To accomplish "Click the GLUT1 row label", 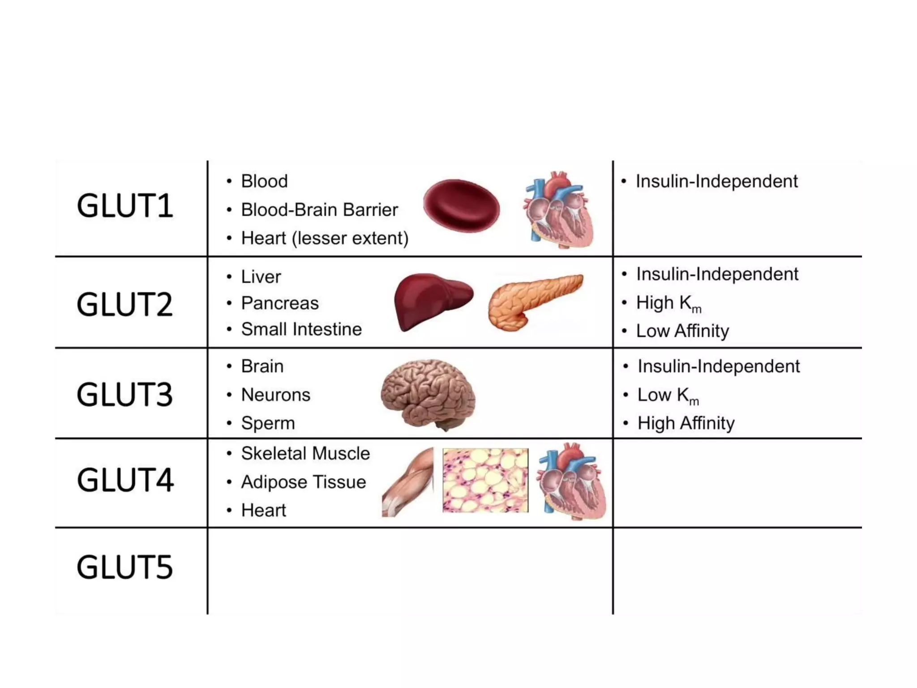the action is (x=125, y=206).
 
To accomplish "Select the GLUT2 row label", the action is (x=125, y=305).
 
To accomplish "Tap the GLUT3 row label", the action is (x=125, y=395).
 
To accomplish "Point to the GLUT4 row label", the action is (x=125, y=480).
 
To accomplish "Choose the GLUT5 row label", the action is (x=125, y=567).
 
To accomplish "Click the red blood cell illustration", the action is (x=462, y=206).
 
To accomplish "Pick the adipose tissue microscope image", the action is (x=485, y=480).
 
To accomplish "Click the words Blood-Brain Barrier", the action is (x=319, y=210).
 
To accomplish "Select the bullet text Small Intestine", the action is (x=301, y=329).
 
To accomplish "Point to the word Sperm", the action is (x=268, y=423).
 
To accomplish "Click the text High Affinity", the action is (x=686, y=423).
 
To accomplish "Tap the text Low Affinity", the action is (x=682, y=331).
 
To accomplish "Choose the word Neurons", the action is (x=275, y=395).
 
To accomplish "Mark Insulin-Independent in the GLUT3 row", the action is (x=718, y=366).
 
